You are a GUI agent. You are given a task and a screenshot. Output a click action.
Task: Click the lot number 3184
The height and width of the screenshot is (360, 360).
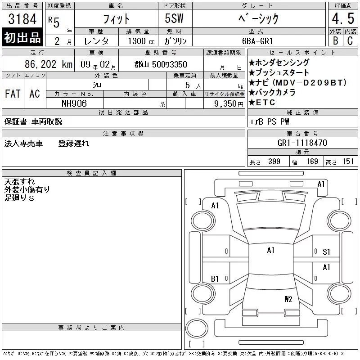[22, 19]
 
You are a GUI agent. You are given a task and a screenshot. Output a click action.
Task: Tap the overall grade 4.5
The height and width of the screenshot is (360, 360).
[343, 18]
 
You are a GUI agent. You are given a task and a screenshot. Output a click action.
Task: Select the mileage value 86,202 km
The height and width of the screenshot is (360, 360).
[49, 64]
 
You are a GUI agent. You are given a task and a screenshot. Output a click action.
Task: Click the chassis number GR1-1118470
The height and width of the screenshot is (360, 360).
[302, 143]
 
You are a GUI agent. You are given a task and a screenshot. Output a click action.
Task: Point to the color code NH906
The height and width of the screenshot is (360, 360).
[74, 103]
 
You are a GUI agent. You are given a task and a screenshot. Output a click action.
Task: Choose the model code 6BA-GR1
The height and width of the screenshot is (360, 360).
[257, 41]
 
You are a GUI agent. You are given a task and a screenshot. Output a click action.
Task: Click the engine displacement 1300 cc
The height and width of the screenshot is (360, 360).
[141, 41]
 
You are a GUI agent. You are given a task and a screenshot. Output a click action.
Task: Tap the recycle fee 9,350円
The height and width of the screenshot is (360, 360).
[229, 104]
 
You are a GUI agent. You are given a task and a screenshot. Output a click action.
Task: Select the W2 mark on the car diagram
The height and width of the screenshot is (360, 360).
[288, 299]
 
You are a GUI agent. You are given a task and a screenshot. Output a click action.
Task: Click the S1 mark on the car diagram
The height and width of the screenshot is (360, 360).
[326, 252]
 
